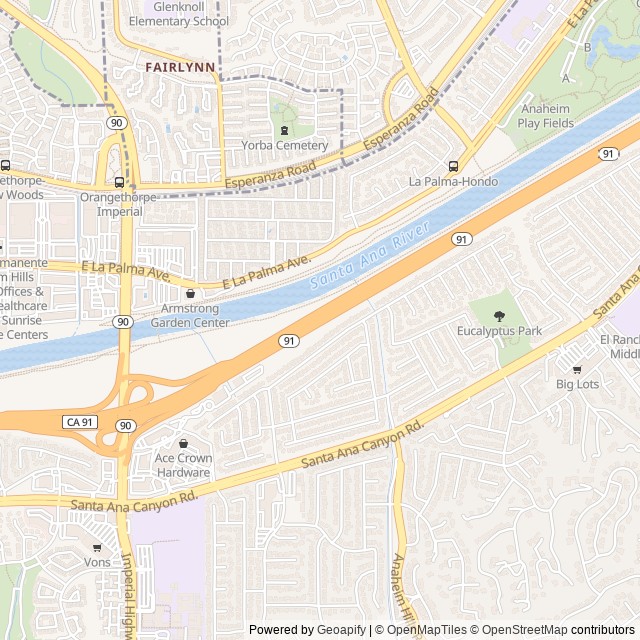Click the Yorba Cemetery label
click(x=284, y=145)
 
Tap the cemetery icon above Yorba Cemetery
click(x=284, y=130)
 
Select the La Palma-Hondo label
click(x=453, y=181)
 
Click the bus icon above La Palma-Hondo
click(x=453, y=166)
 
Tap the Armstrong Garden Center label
click(x=190, y=316)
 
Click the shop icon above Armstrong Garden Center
click(x=190, y=294)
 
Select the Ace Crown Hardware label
click(x=183, y=465)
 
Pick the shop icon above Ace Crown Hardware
click(x=183, y=443)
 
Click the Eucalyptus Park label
click(x=499, y=330)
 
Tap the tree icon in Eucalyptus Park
click(x=499, y=316)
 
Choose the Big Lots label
click(x=578, y=383)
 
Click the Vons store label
click(x=97, y=562)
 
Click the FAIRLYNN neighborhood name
click(x=180, y=67)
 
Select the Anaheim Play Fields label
click(x=546, y=116)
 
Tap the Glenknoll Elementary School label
click(x=185, y=14)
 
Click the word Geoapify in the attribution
click(x=340, y=630)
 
